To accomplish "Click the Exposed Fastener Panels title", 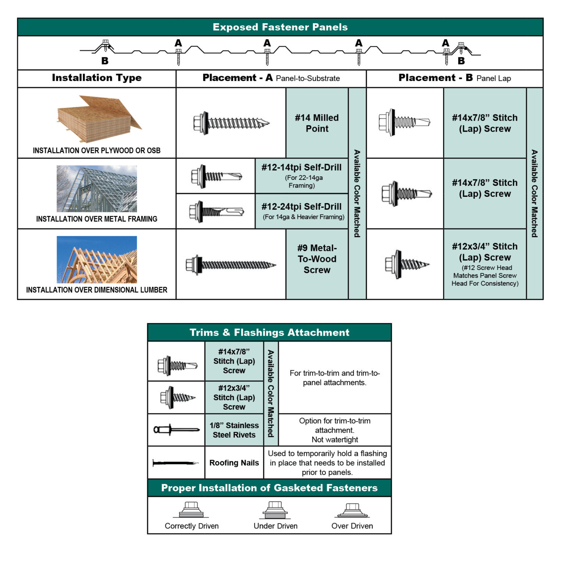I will click(x=280, y=27).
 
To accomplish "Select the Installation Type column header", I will click(x=96, y=78).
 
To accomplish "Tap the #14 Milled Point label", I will click(x=317, y=123).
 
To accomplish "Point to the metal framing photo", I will click(x=97, y=189).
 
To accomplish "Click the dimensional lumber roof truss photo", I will click(x=97, y=259).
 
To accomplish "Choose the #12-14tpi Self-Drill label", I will click(x=301, y=168).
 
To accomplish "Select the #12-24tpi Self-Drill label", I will click(x=301, y=207).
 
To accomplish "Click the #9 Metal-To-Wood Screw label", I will click(x=317, y=259).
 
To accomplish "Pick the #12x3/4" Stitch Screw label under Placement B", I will click(x=484, y=252).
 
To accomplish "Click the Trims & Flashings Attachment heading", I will click(x=269, y=333).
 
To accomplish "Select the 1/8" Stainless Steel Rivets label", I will click(x=234, y=430).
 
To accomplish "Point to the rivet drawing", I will click(x=176, y=430).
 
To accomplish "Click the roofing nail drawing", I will click(x=175, y=463).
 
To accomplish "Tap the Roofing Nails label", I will click(x=234, y=463).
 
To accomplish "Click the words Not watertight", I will click(x=334, y=440).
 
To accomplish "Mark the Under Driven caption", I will click(x=276, y=526).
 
